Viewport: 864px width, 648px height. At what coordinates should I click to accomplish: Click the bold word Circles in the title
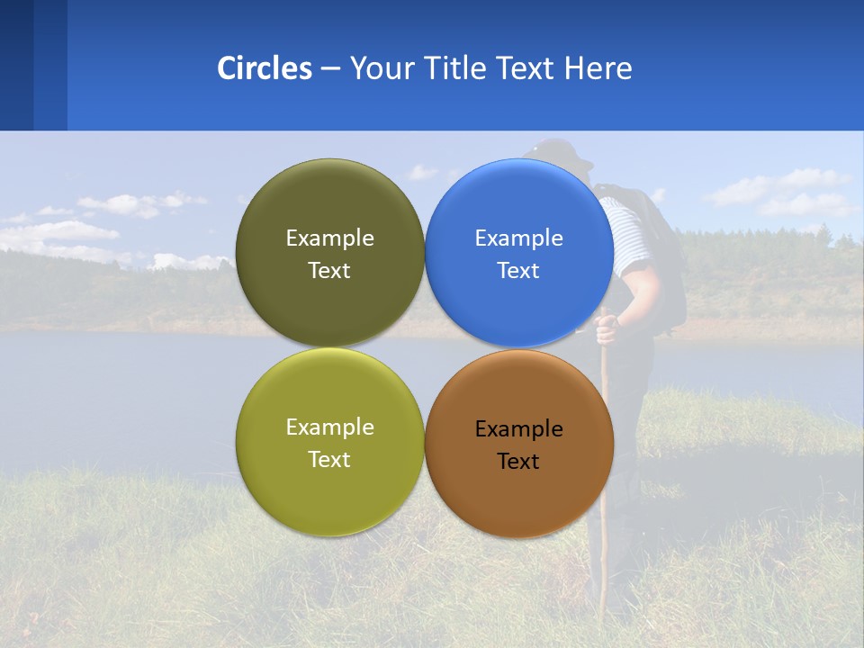(264, 68)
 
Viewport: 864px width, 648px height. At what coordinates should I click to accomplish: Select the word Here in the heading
(598, 68)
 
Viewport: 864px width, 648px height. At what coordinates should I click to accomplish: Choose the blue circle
(519, 306)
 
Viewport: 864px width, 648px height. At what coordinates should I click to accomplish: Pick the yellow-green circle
(329, 495)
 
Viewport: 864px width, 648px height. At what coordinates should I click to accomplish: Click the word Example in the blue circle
(518, 238)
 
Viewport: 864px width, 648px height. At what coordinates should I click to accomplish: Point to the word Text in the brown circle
(518, 462)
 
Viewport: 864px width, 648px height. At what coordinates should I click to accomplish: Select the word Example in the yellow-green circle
(329, 427)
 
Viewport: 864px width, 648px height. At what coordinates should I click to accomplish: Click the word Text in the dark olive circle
(329, 271)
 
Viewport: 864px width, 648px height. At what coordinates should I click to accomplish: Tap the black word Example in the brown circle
(518, 429)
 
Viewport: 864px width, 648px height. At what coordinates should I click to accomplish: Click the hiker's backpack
(661, 252)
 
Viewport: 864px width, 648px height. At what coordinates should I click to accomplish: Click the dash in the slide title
(330, 69)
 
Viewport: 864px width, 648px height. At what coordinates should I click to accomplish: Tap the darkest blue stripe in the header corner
(16, 65)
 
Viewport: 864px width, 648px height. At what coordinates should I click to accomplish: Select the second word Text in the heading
(525, 68)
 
